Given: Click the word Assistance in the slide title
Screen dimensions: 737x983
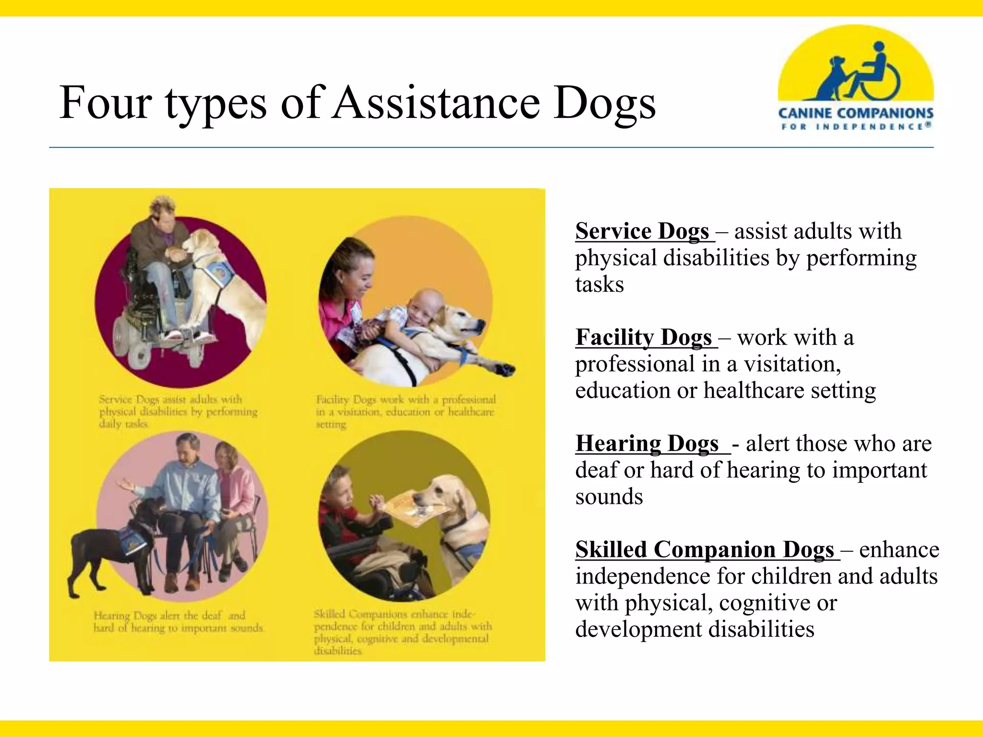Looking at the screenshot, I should pyautogui.click(x=437, y=103).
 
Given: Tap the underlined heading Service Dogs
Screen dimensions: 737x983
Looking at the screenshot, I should pyautogui.click(x=642, y=231).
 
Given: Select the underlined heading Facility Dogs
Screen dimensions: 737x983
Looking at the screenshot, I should pyautogui.click(x=644, y=337).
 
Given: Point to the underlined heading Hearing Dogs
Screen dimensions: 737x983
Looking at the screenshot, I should pyautogui.click(x=647, y=443).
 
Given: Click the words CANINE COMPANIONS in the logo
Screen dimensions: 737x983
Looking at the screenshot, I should pyautogui.click(x=856, y=113).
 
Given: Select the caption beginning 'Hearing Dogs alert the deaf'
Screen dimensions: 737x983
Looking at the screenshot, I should pyautogui.click(x=178, y=621).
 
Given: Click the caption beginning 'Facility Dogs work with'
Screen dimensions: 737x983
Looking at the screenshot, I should pyautogui.click(x=406, y=412).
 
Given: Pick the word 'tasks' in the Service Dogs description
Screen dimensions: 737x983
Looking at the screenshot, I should pyautogui.click(x=599, y=285).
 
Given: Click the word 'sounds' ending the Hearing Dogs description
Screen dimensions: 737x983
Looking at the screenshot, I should pyautogui.click(x=609, y=497).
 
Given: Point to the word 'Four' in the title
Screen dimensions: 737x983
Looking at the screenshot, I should pyautogui.click(x=106, y=103).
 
